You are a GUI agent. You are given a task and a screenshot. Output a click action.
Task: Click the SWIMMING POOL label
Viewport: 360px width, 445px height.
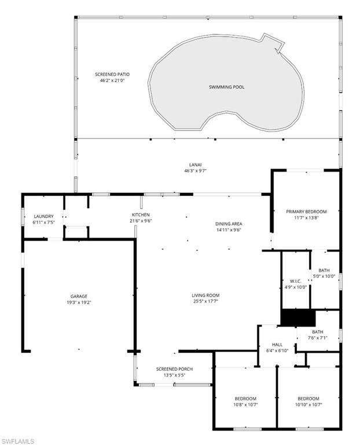pos(226,87)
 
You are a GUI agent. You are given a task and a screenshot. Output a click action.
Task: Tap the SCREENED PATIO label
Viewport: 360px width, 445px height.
pos(112,74)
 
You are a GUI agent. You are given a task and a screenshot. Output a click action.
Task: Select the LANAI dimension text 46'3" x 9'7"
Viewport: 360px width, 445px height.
pos(196,171)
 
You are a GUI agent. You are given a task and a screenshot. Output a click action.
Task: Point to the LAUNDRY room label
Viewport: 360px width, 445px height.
pos(43,216)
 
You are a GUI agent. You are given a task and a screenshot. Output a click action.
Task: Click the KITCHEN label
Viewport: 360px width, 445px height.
pos(141,215)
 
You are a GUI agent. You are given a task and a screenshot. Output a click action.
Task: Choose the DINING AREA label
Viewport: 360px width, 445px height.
pos(229,224)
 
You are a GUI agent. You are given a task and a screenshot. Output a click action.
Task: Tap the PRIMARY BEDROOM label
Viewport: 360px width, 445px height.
pos(306,211)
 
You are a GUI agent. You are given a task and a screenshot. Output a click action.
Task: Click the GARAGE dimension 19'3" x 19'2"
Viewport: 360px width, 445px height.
pos(79,302)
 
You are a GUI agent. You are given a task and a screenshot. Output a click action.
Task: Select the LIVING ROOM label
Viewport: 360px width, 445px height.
pos(205,296)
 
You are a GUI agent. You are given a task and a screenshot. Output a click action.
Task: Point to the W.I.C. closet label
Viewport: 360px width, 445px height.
pos(296,281)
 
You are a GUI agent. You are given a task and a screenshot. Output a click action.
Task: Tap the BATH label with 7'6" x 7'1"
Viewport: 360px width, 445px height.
pos(318,332)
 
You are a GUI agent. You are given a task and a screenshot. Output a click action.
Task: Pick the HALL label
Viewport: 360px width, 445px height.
pos(277,345)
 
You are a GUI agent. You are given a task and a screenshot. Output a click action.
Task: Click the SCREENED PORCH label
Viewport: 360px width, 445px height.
pos(174,369)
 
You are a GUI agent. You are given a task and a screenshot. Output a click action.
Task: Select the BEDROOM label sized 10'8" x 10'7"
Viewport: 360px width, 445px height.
pos(245,399)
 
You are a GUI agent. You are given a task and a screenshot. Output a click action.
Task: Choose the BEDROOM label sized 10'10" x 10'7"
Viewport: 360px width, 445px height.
pos(308,399)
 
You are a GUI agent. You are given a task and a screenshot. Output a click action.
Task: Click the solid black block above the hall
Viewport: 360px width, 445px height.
pos(298,318)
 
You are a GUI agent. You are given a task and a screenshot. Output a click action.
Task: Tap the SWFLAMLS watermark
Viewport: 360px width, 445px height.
pos(17,442)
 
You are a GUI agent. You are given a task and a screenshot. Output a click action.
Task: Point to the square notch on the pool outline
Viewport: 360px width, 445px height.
pos(273,42)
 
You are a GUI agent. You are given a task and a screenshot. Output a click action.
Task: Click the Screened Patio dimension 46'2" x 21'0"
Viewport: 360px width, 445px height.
pos(112,81)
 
